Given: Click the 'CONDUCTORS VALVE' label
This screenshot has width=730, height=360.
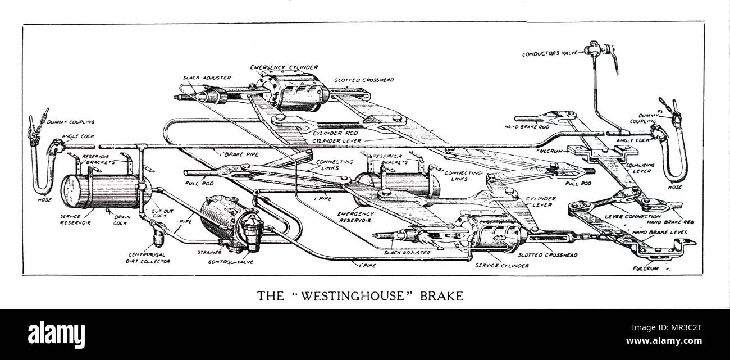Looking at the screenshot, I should (x=550, y=54).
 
